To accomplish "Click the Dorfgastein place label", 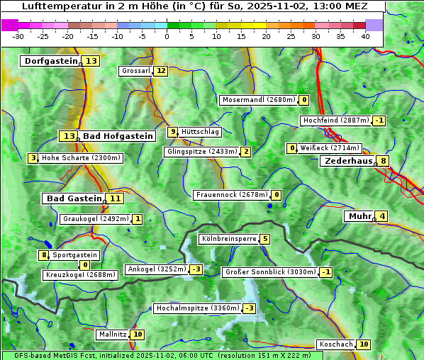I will click(50, 61).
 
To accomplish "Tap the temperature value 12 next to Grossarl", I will click(161, 71).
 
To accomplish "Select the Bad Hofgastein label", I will click(117, 136).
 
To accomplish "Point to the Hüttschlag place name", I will click(201, 132).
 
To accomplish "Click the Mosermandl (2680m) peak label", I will click(258, 100).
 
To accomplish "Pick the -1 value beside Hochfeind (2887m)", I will click(380, 120).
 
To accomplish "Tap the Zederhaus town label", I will click(348, 162).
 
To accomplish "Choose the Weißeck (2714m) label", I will click(330, 148).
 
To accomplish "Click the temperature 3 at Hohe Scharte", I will click(33, 158).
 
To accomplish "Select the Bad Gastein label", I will click(74, 198).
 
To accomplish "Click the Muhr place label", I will click(359, 216).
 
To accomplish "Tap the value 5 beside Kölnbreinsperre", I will click(264, 239).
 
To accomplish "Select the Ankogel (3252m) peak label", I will click(156, 269).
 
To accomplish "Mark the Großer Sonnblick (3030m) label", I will click(269, 272).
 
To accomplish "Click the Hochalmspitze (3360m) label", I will click(197, 308).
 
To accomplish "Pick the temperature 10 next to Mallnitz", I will click(138, 334).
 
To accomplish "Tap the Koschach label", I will click(335, 344).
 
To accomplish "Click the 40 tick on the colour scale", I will click(365, 36).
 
